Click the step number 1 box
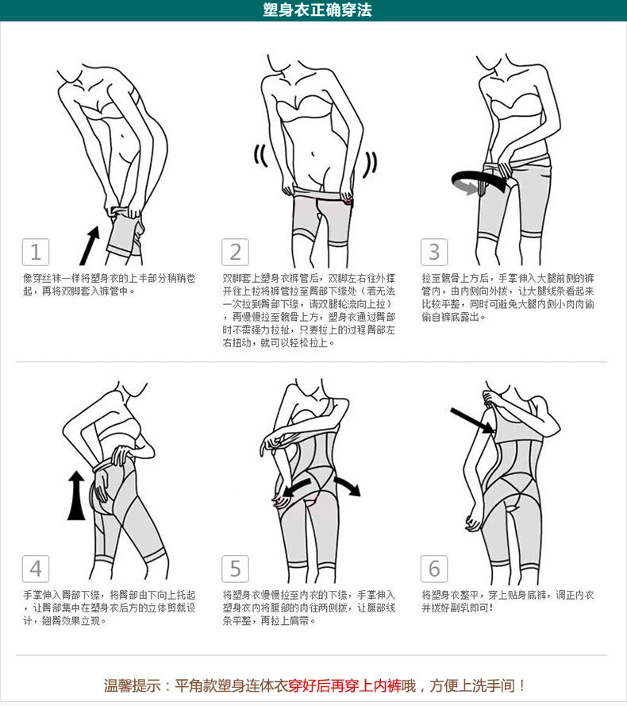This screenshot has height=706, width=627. pos(35,253)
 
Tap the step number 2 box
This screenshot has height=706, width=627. pos(235,253)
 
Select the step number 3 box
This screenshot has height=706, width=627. pos(434,253)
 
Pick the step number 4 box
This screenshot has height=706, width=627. pos(35,569)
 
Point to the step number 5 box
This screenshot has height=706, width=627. pos(235,569)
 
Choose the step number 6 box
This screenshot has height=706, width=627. pos(434,569)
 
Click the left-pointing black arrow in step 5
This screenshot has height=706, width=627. pos(298,486)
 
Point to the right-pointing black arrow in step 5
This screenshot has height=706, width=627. pos(347,484)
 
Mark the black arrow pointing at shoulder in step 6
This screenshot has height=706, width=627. pos(471,420)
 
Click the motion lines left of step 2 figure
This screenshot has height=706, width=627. pos(259,157)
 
